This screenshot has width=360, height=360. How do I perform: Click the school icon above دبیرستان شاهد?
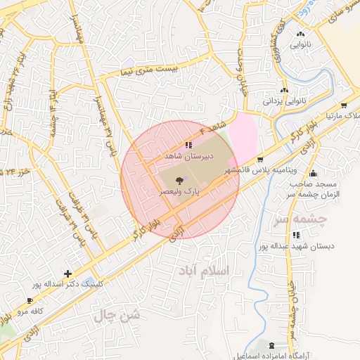click(x=187, y=145)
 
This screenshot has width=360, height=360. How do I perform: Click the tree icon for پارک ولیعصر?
click(x=178, y=181)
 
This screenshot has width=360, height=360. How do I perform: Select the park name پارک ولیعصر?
click(x=178, y=191)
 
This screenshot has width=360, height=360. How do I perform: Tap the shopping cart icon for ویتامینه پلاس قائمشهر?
click(x=260, y=160)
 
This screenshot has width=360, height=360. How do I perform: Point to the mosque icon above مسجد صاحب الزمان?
click(x=313, y=174)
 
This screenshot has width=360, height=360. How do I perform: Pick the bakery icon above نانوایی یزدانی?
click(x=284, y=91)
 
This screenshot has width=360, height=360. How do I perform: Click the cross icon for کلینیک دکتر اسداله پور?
click(x=67, y=274)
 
